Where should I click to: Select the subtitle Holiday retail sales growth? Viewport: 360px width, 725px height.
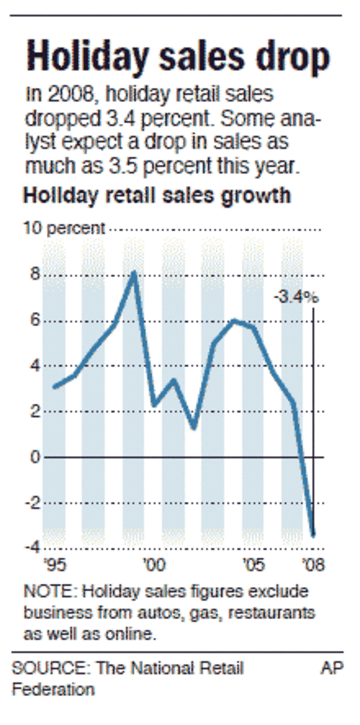point(157,195)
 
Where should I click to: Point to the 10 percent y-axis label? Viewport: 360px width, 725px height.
point(64,228)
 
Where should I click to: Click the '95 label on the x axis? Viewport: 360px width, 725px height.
point(54,565)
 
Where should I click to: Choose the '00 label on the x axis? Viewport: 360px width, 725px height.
point(153,565)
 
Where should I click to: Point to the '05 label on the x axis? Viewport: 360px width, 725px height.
point(253,565)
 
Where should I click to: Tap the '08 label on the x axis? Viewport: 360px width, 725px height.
point(313,565)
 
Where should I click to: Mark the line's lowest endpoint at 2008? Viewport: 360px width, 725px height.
point(313,535)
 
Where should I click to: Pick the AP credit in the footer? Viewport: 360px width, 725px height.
point(332,669)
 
